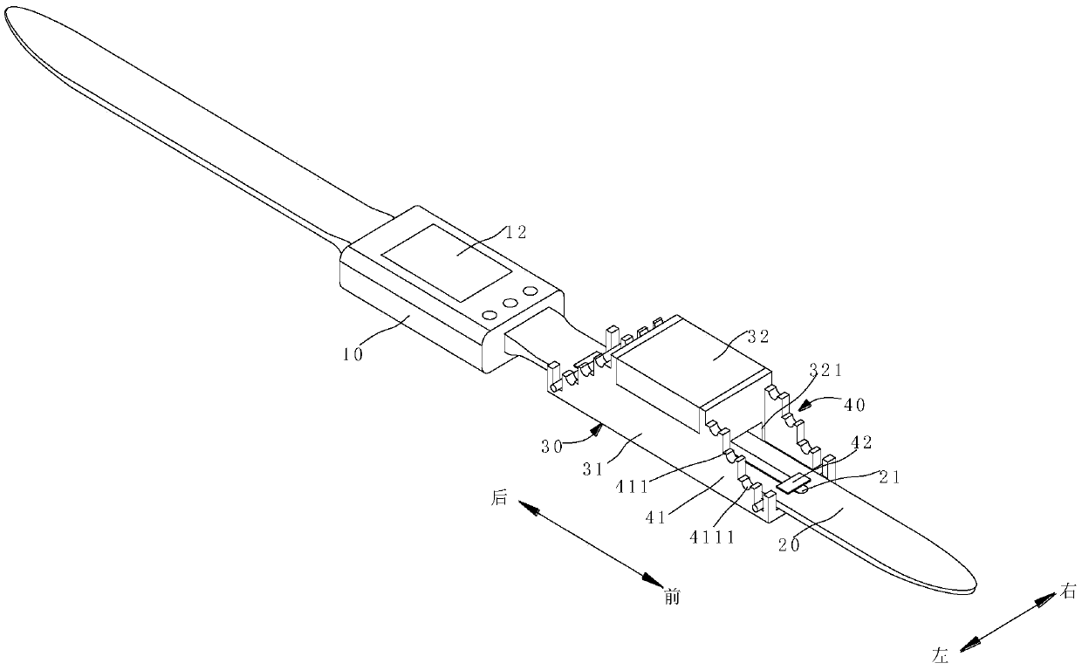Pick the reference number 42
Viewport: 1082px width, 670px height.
point(862,443)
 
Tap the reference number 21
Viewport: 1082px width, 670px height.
point(891,476)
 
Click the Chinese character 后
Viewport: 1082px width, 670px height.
point(499,498)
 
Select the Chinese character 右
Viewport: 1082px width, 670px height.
point(1070,592)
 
